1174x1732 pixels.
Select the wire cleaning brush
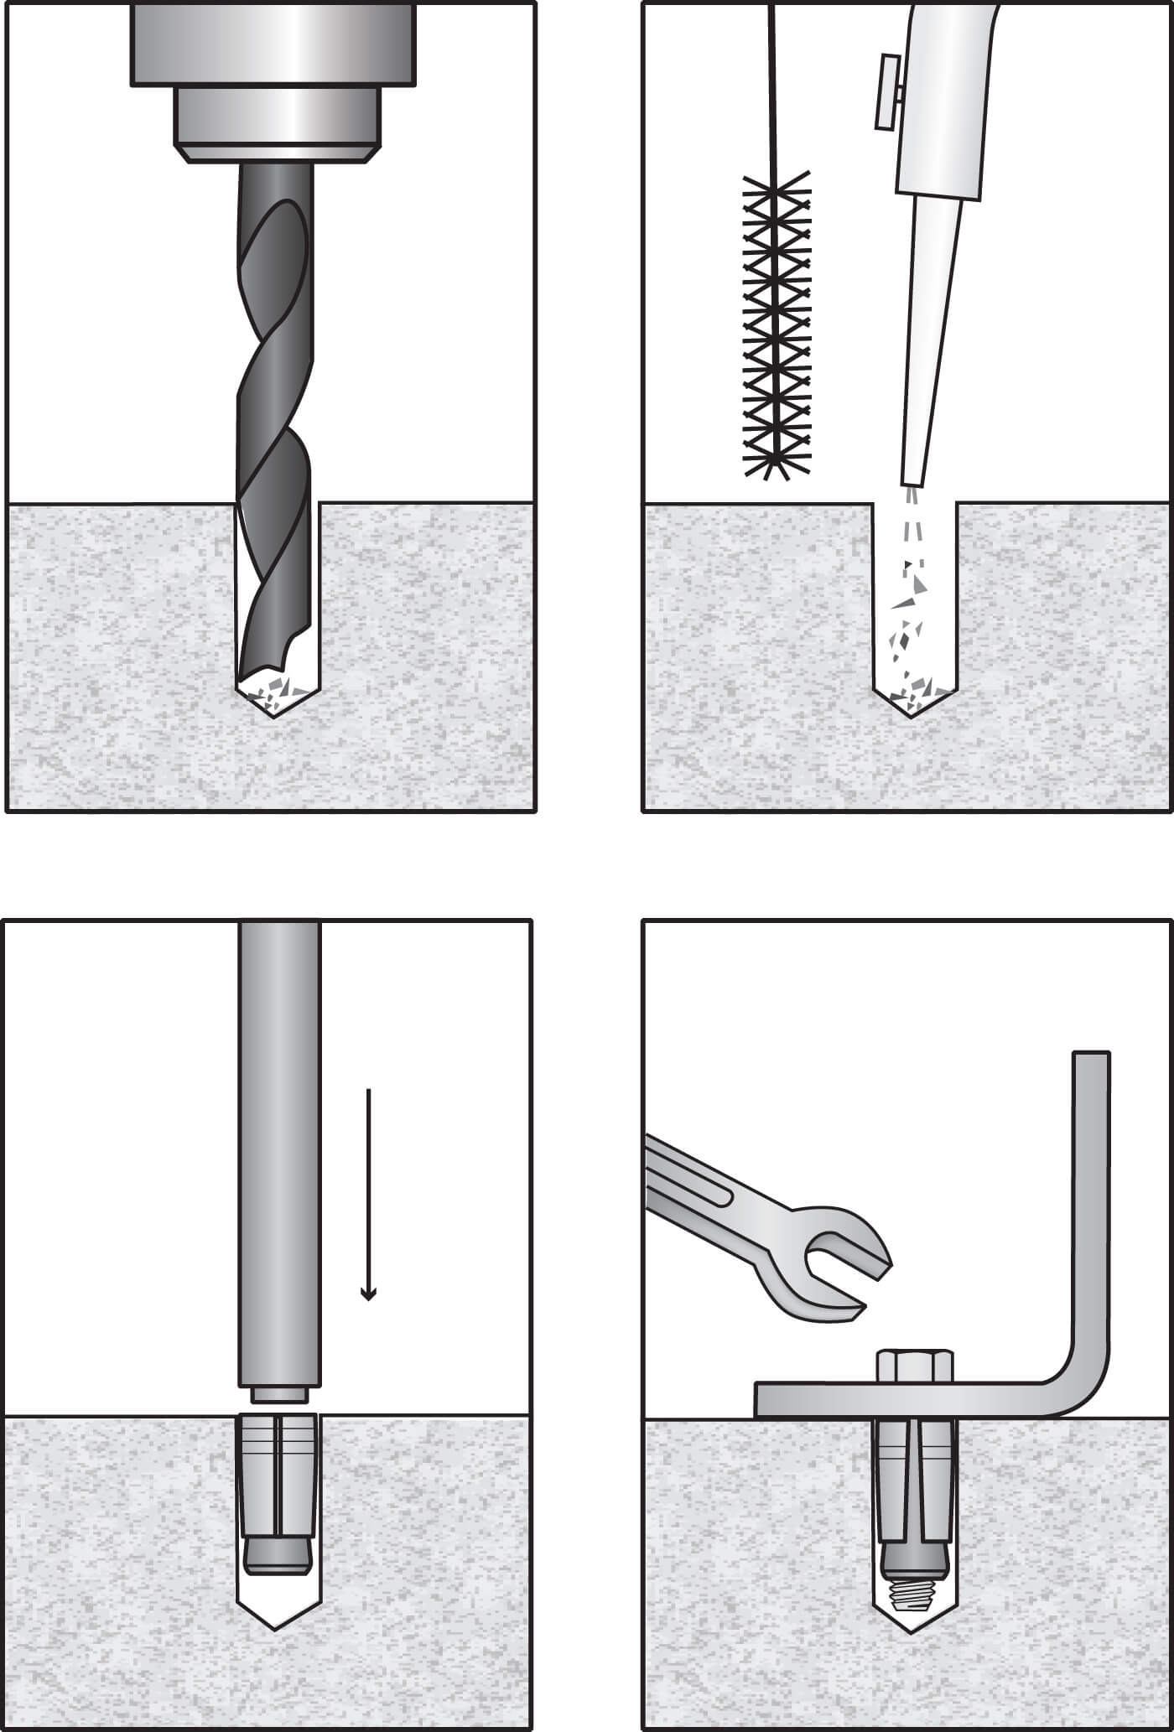click(x=778, y=327)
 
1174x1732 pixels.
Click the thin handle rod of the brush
click(x=774, y=84)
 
